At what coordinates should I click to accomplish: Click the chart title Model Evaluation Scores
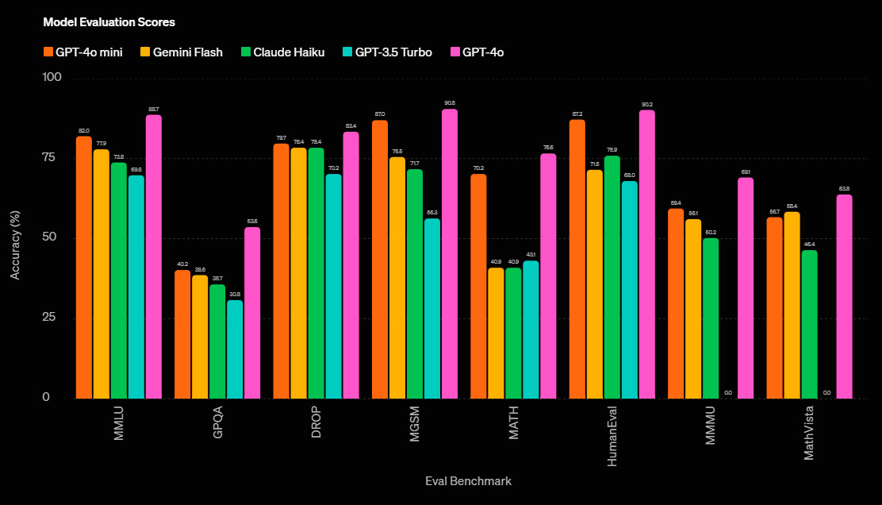click(x=109, y=22)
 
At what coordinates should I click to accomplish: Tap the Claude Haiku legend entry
click(x=284, y=52)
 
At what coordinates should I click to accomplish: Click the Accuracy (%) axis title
click(x=16, y=238)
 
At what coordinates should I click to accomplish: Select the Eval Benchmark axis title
click(x=468, y=481)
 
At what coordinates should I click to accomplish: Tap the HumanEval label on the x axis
click(x=612, y=436)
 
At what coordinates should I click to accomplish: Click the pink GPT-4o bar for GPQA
click(x=252, y=313)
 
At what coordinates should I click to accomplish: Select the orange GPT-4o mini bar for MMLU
click(x=83, y=267)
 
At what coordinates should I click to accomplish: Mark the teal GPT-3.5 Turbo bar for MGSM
click(x=431, y=308)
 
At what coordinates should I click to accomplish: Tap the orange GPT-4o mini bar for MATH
click(x=478, y=286)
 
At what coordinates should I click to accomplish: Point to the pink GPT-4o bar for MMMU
click(x=746, y=287)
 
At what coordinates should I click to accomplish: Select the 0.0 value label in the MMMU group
click(x=728, y=393)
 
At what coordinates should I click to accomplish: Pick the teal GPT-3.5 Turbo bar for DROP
click(x=333, y=286)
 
